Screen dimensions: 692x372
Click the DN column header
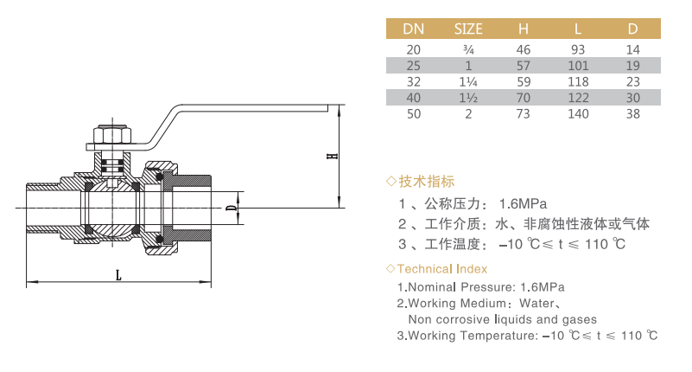413,29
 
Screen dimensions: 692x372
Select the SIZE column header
468,29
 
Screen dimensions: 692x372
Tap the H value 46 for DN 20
523,49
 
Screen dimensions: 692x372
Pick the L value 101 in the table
578,66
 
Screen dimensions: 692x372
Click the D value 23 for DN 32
633,81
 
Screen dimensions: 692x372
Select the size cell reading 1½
468,98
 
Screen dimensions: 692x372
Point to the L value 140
578,114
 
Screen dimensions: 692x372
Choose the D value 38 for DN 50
633,114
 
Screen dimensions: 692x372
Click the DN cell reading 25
413,66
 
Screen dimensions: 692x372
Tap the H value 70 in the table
523,98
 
